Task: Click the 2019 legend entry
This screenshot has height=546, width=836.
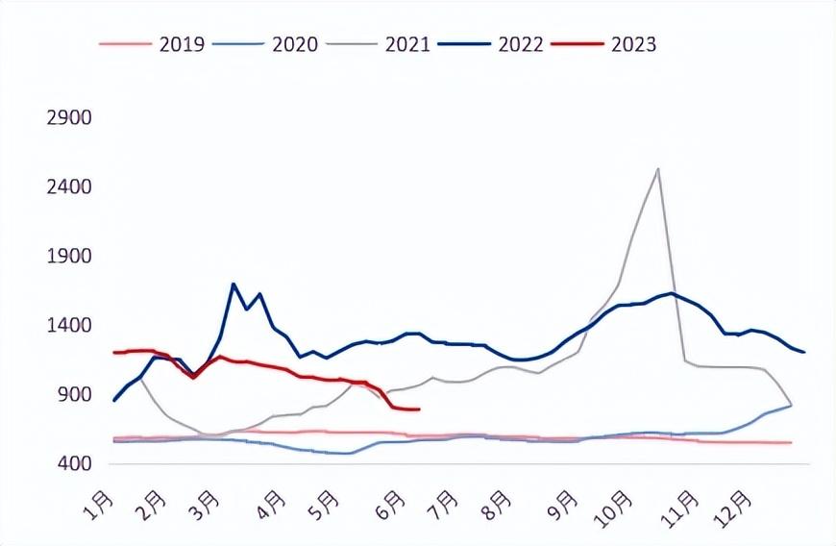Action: click(x=152, y=43)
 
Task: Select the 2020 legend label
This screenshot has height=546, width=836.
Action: click(x=265, y=43)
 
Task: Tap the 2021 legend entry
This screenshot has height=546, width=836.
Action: click(x=378, y=43)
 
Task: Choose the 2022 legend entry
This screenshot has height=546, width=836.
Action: click(x=491, y=43)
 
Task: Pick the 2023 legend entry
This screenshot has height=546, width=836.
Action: click(x=604, y=43)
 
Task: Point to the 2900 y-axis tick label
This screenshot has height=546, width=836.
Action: click(x=69, y=118)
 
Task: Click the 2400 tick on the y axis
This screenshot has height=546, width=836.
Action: click(x=69, y=187)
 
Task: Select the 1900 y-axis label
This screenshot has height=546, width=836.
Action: click(x=69, y=257)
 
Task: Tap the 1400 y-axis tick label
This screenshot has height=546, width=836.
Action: click(x=69, y=325)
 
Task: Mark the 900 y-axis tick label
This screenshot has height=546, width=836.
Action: click(x=76, y=394)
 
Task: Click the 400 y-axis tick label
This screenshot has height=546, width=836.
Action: click(x=76, y=464)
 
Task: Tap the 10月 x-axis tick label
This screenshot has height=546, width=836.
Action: click(x=614, y=509)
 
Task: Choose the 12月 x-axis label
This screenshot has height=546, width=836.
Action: click(x=732, y=509)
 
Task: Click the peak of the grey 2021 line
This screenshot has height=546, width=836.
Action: click(x=658, y=169)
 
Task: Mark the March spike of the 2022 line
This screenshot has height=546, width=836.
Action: click(x=234, y=284)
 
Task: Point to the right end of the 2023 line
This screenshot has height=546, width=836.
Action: click(x=420, y=409)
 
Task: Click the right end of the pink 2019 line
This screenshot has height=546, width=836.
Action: click(x=791, y=442)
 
